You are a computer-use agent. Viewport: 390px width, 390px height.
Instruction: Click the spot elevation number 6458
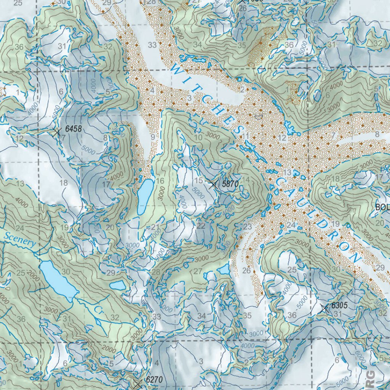click(x=73, y=129)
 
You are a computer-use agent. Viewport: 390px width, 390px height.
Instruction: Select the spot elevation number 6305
click(x=340, y=305)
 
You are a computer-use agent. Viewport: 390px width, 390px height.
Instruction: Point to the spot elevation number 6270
click(x=154, y=380)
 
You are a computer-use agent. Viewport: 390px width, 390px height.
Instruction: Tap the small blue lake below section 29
click(x=117, y=285)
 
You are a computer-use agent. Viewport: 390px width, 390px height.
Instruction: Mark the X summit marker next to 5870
click(x=214, y=184)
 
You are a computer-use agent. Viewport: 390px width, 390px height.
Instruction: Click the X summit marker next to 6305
click(x=324, y=309)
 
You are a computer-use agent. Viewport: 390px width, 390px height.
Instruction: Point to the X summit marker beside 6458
click(x=57, y=133)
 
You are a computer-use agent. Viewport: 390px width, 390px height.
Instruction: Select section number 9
click(x=153, y=136)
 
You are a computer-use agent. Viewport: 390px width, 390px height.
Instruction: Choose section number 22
click(x=201, y=226)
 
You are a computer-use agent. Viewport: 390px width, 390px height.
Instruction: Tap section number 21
click(x=155, y=227)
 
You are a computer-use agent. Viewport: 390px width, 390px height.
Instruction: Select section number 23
click(x=248, y=227)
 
